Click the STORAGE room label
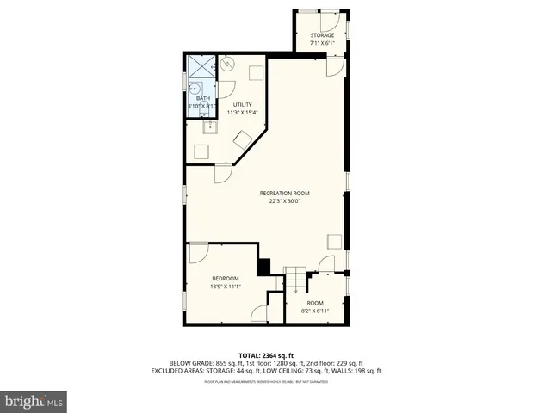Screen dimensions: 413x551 (322, 35)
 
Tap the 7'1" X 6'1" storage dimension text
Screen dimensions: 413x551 (322, 42)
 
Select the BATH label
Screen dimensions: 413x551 (202, 98)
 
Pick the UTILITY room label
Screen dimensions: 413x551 (242, 105)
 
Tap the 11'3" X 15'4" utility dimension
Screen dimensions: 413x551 (242, 112)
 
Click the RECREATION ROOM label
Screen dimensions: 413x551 (284, 193)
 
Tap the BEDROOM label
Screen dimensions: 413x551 (226, 279)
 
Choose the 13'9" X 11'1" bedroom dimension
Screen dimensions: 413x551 (226, 287)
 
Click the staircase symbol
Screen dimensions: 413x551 (295, 280)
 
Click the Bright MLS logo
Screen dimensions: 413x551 (34, 401)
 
